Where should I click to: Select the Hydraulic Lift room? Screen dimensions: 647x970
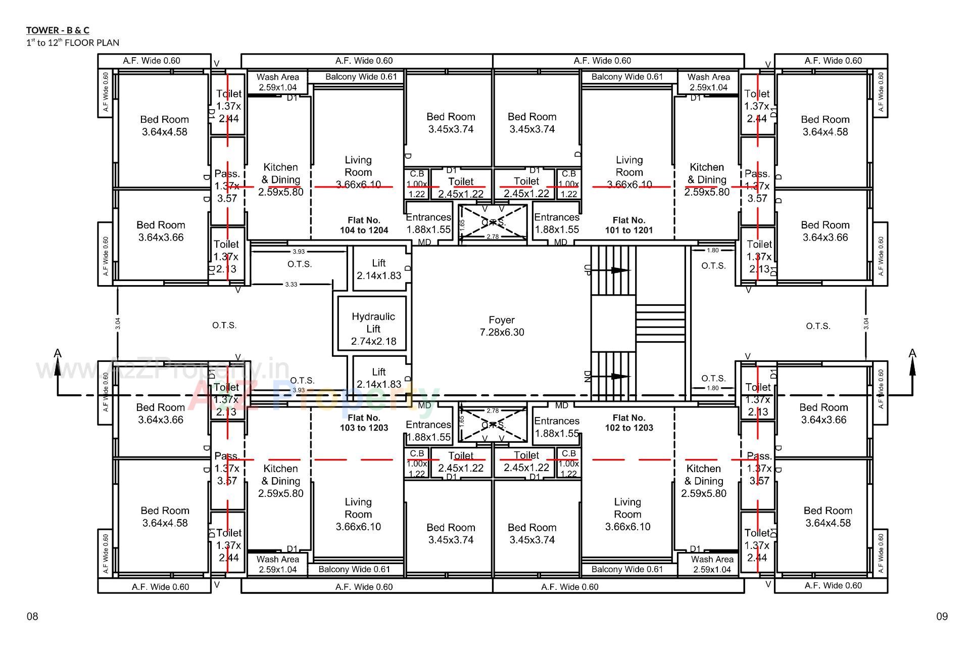(x=373, y=329)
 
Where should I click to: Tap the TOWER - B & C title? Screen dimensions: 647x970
(x=58, y=30)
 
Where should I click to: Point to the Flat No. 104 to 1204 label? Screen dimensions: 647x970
(x=364, y=225)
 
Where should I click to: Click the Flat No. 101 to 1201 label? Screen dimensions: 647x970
(x=628, y=225)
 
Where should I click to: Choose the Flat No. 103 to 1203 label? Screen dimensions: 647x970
(x=364, y=423)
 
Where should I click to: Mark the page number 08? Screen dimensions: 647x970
(x=32, y=616)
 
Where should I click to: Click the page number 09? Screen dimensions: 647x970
(x=942, y=616)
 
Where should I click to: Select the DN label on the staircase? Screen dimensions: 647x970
(x=587, y=377)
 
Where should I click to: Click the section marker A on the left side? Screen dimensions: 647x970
(x=58, y=353)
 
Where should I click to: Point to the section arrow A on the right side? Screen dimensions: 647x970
(x=912, y=353)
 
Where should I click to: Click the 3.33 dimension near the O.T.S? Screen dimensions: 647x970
(x=291, y=285)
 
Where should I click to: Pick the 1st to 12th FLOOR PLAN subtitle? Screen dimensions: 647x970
(x=73, y=42)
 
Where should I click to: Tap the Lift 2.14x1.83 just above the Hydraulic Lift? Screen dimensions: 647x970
(x=379, y=269)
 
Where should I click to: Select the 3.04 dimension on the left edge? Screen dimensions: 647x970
(x=118, y=323)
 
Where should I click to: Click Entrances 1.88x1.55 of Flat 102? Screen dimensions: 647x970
(x=556, y=427)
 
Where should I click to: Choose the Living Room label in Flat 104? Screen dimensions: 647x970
(x=358, y=172)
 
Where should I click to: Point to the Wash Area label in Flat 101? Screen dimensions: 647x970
(x=708, y=82)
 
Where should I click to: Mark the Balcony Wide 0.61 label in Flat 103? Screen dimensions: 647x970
(x=354, y=569)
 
